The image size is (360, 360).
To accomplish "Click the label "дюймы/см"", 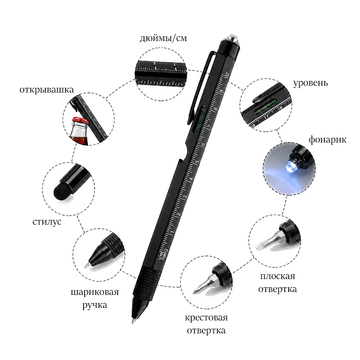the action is [163, 38].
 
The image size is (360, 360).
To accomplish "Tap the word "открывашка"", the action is [46, 90].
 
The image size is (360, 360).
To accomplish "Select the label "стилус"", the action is [47, 221].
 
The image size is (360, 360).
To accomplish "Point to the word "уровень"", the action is [310, 83].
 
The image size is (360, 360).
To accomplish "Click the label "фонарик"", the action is [327, 139].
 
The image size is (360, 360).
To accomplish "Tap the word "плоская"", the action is [278, 276].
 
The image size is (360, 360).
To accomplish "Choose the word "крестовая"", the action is [206, 318].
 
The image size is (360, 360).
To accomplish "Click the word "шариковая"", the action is [95, 292].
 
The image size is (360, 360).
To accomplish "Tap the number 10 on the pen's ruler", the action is [227, 75].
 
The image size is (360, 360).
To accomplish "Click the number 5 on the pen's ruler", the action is [197, 162].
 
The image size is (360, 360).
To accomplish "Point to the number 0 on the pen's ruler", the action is [166, 251].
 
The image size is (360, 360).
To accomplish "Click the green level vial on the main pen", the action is [199, 119].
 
